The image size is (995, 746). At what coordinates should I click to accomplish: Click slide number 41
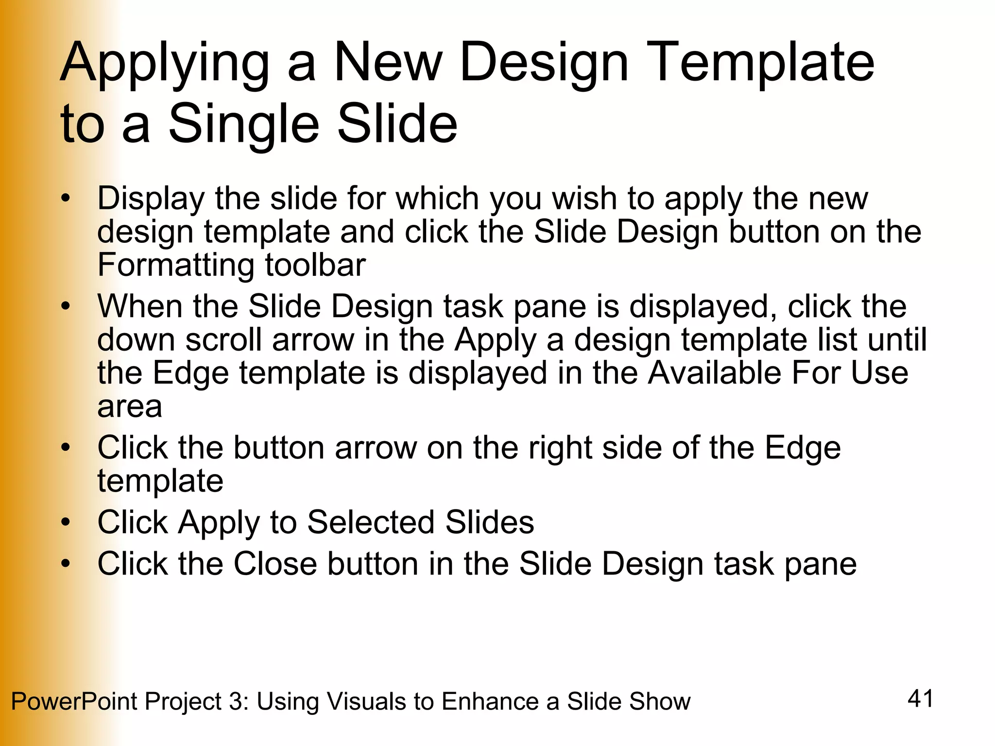point(920,699)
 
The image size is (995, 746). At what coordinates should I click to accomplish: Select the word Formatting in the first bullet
point(175,265)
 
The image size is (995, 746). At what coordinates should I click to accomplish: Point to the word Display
point(151,199)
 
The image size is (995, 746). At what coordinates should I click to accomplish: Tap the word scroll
point(224,339)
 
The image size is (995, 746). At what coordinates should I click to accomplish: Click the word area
point(129,407)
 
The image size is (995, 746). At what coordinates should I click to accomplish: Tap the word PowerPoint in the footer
point(74,702)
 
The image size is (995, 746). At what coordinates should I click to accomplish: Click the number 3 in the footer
point(235,702)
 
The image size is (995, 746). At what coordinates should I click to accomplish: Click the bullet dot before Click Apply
point(66,523)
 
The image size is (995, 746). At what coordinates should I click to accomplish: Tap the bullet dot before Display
point(66,199)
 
